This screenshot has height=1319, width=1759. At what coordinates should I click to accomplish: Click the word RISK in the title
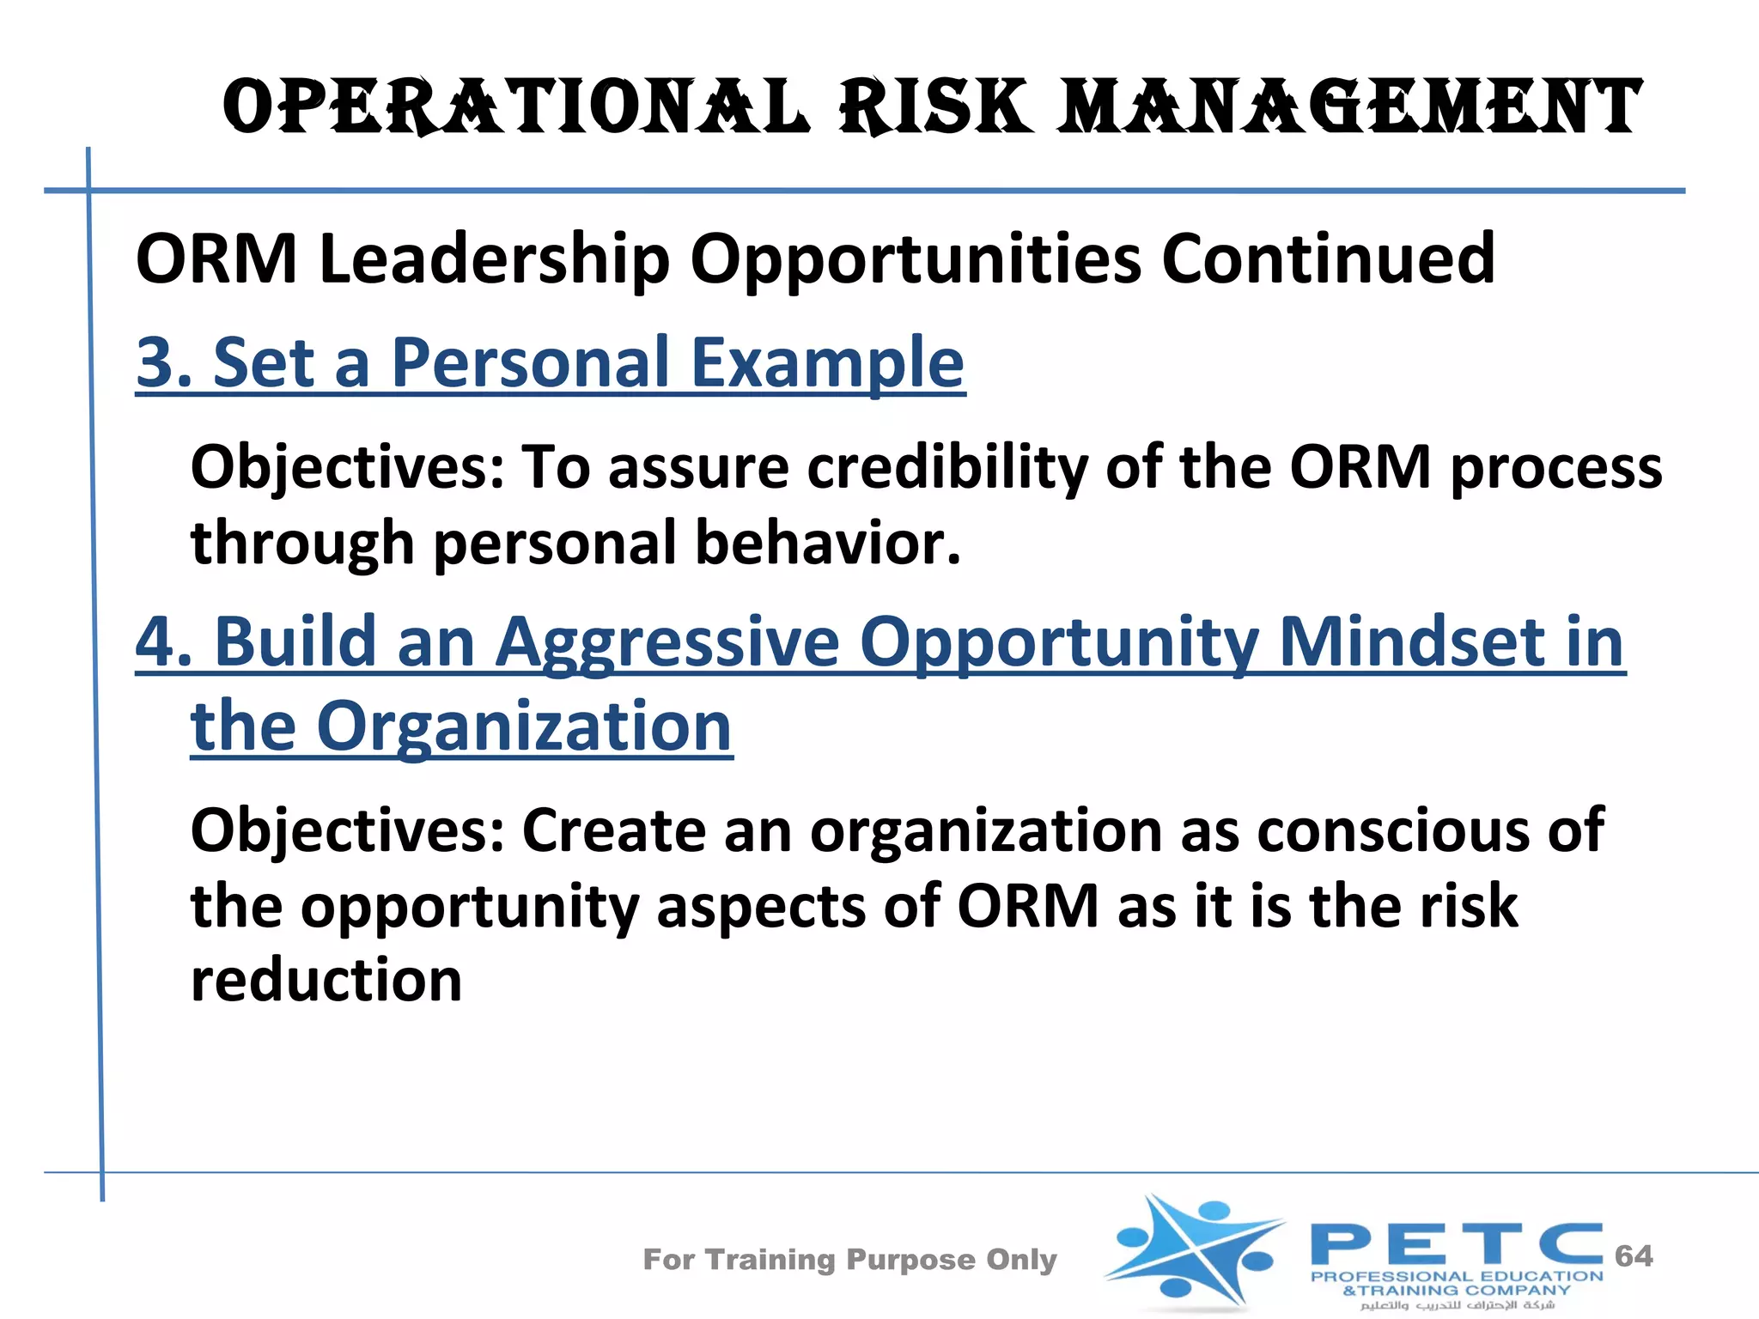tap(936, 107)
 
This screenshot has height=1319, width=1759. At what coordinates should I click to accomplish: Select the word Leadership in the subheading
tap(494, 258)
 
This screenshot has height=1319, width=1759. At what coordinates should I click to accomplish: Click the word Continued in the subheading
tap(1328, 258)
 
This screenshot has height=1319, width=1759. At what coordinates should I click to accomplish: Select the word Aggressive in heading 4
tap(667, 641)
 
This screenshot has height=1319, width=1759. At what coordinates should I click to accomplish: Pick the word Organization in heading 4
tap(524, 726)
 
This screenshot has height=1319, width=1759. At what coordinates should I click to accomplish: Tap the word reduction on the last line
tap(326, 980)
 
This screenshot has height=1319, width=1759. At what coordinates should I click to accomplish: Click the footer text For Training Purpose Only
tap(849, 1259)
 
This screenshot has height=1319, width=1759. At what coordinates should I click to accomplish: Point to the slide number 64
tap(1634, 1255)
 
